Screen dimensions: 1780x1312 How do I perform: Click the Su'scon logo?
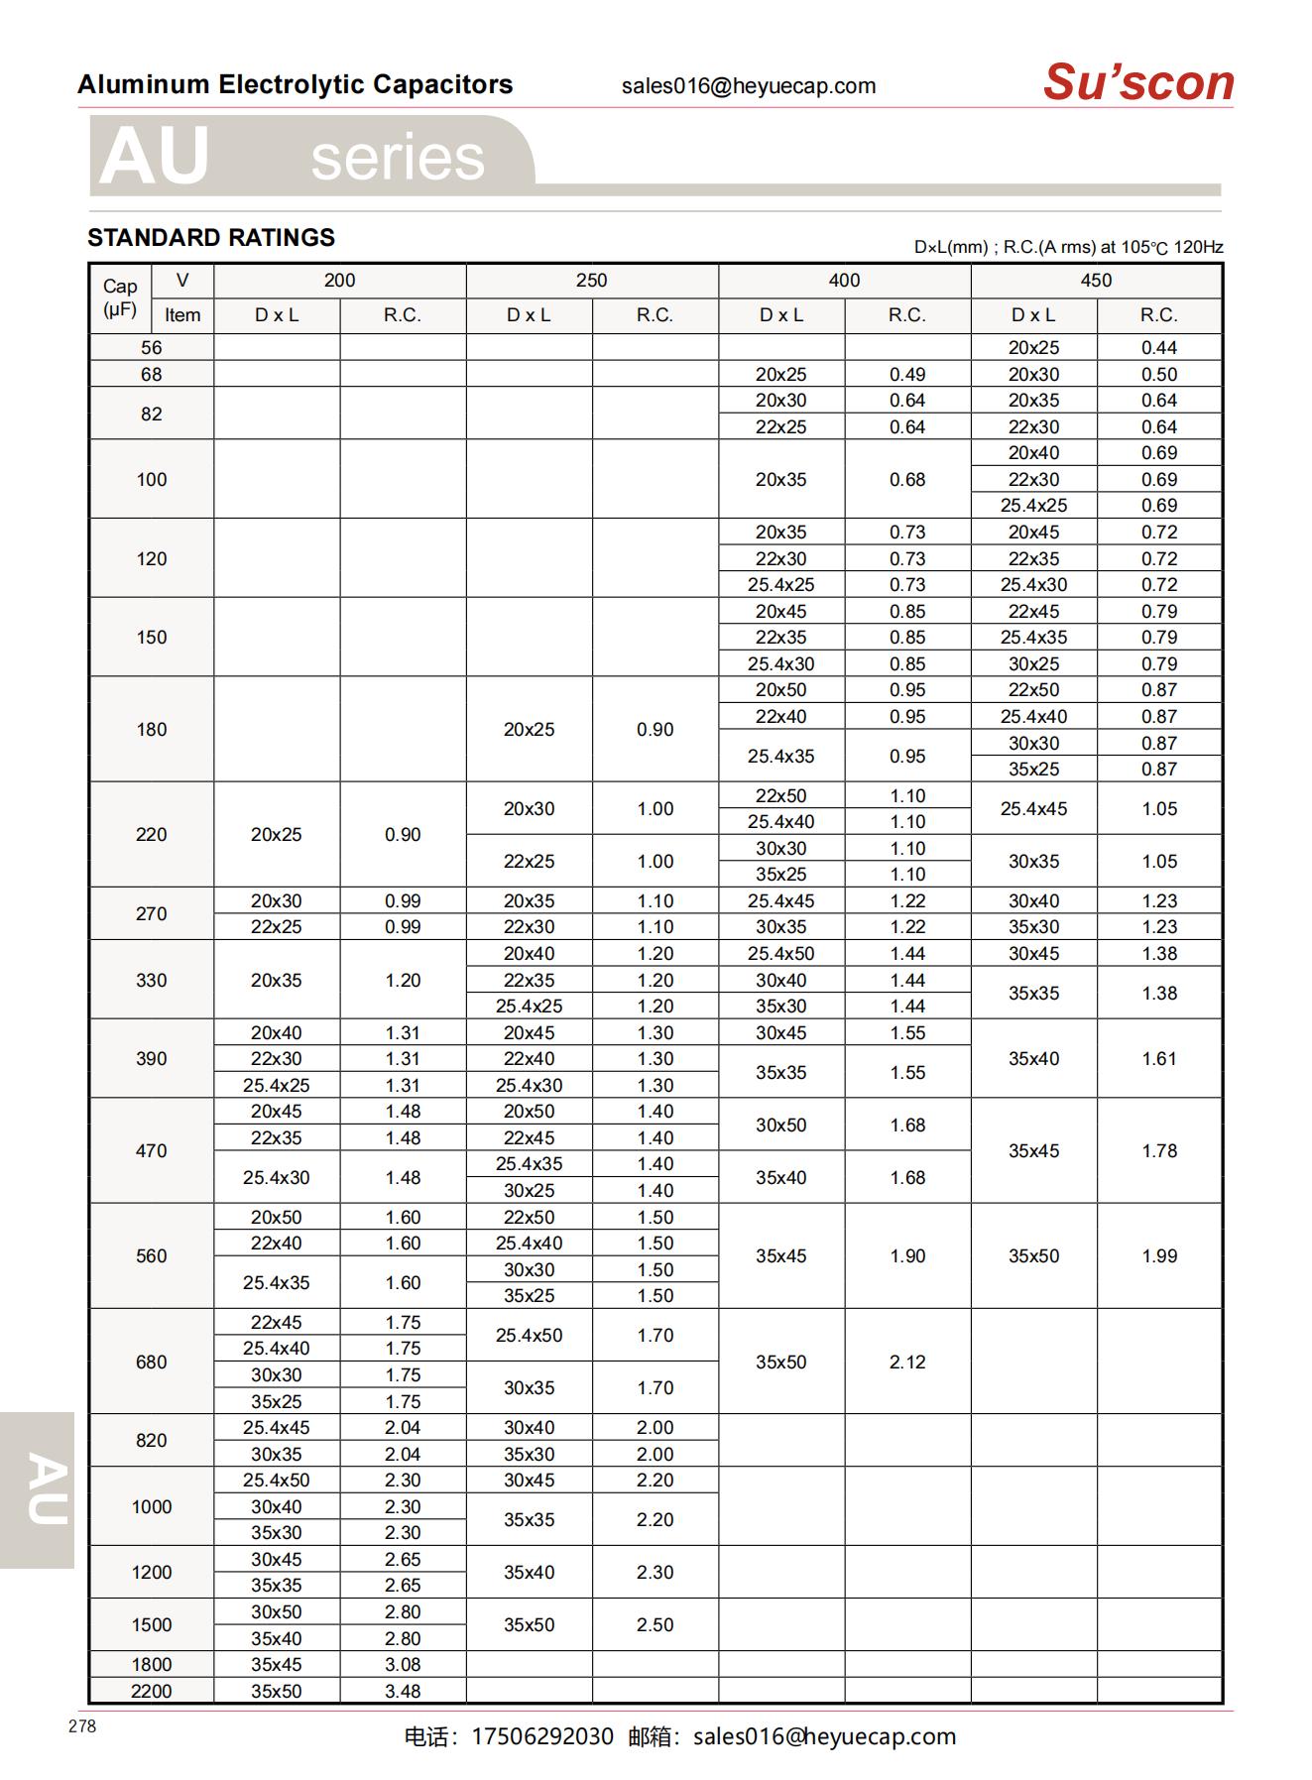click(x=1137, y=82)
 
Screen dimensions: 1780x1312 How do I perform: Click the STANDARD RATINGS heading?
click(x=211, y=238)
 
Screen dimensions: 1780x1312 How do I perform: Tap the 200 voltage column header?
click(x=339, y=281)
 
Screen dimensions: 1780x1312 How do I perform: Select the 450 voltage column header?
click(x=1096, y=281)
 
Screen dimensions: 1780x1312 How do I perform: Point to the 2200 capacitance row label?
click(x=151, y=1691)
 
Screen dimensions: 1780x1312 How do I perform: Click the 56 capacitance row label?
click(x=151, y=348)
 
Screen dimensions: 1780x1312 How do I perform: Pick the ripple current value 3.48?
click(x=403, y=1691)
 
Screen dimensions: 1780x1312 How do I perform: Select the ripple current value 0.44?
click(x=1158, y=348)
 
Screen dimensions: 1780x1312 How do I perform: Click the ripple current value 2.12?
click(x=907, y=1362)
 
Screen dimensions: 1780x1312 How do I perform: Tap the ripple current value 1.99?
click(x=1158, y=1255)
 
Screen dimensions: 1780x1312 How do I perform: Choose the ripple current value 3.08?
click(x=403, y=1664)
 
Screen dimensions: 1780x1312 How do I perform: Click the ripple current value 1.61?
click(x=1158, y=1058)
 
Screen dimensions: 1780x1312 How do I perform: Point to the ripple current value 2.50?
click(x=655, y=1624)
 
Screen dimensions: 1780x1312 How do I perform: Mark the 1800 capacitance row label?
click(x=151, y=1664)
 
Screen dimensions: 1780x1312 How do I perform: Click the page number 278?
click(x=82, y=1726)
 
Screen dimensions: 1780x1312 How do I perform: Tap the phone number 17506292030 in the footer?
click(x=542, y=1736)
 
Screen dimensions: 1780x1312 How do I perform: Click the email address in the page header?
click(x=749, y=86)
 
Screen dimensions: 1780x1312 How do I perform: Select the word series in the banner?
click(x=398, y=158)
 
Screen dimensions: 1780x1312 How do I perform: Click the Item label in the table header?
click(x=182, y=315)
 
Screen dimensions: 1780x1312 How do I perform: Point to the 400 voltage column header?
click(x=844, y=281)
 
